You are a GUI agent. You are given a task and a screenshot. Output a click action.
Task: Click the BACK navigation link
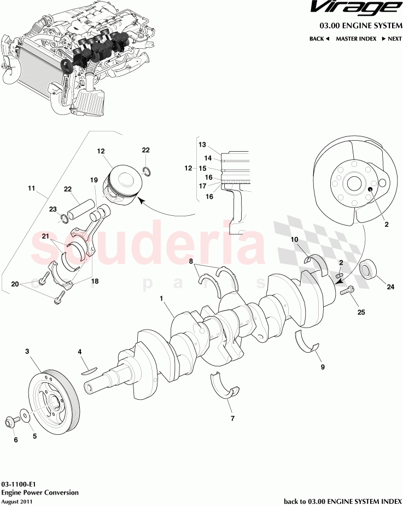point(319,39)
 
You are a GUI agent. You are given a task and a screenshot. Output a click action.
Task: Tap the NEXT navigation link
point(392,39)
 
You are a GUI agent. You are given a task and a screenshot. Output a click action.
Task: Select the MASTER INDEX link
point(355,39)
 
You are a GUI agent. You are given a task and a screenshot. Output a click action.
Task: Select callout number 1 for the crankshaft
point(162,298)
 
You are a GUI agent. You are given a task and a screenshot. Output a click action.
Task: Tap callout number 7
point(232,419)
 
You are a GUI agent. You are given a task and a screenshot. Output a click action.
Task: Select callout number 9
point(323,367)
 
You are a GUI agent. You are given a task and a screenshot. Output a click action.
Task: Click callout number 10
point(294,239)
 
